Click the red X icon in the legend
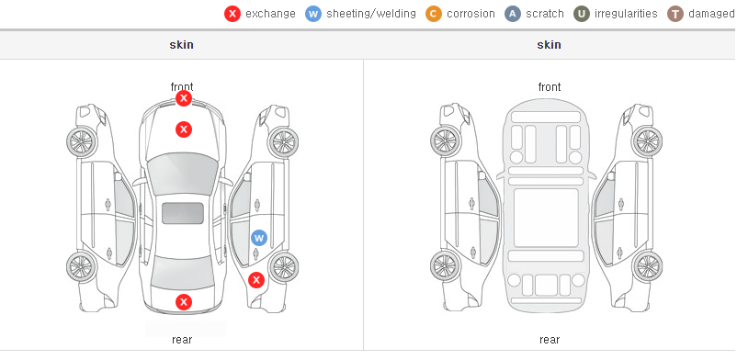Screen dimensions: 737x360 pos(232,14)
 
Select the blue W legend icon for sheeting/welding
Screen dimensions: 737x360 pos(313,14)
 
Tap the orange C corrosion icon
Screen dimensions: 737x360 pos(434,14)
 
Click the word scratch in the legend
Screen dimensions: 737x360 pos(545,14)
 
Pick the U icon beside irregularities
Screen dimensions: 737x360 pos(582,14)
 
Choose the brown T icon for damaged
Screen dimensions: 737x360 pos(675,14)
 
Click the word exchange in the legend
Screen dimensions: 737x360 pos(270,14)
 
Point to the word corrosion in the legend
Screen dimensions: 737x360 pos(471,14)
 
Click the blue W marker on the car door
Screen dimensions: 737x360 pos(259,238)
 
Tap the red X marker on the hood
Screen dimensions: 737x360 pos(184,129)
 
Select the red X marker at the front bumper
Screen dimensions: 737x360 pos(184,98)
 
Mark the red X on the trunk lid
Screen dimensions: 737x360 pos(184,302)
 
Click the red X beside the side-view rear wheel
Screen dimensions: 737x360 pos(256,281)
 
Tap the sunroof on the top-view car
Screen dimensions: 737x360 pos(183,213)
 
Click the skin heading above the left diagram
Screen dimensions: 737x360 pos(181,45)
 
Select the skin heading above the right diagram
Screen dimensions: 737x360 pos(549,45)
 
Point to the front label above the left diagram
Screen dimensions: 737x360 pos(182,87)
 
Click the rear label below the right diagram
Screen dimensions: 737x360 pos(550,340)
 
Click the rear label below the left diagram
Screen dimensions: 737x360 pos(182,340)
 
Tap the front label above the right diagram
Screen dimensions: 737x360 pos(550,87)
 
